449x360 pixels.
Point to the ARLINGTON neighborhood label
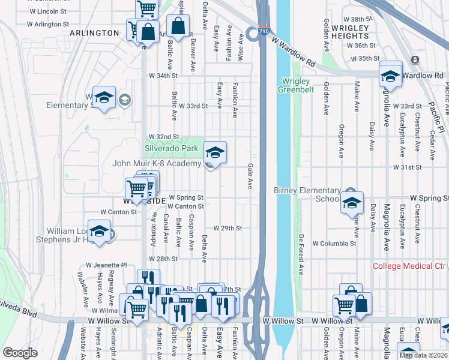point(94,33)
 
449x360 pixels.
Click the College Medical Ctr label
point(410,266)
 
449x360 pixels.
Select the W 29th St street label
point(228,229)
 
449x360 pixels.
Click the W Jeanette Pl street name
point(106,265)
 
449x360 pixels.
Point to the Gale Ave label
point(250,176)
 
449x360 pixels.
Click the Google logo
point(20,353)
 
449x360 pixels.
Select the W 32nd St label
point(164,137)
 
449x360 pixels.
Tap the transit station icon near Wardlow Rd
point(415,59)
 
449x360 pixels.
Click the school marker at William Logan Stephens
point(101,231)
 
